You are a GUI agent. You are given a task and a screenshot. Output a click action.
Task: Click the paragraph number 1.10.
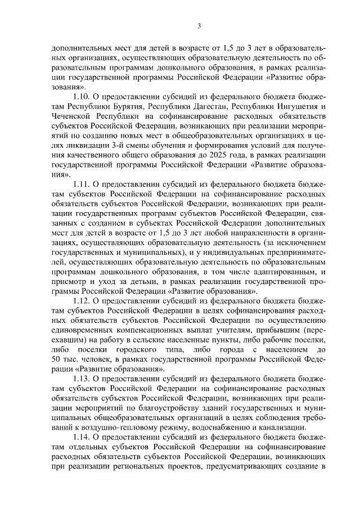tap(82, 96)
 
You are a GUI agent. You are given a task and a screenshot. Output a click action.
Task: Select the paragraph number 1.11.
tap(82, 183)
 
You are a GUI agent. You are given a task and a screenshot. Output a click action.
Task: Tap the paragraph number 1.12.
tap(82, 301)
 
